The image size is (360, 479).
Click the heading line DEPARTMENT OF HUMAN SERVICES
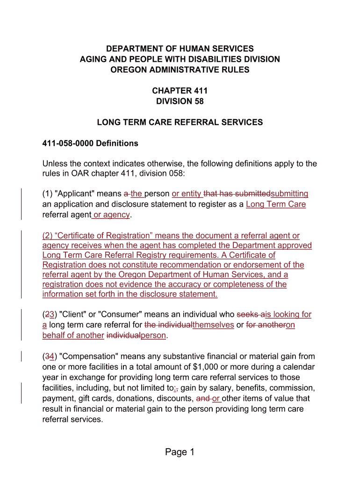point(180,49)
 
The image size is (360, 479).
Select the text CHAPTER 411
point(180,91)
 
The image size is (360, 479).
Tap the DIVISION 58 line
point(180,101)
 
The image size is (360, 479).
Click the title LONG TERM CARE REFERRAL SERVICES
point(180,123)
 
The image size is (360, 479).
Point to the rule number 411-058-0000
point(68,143)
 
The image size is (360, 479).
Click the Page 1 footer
point(180,452)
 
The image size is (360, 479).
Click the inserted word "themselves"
point(213,325)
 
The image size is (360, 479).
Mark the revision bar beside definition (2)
point(21,264)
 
